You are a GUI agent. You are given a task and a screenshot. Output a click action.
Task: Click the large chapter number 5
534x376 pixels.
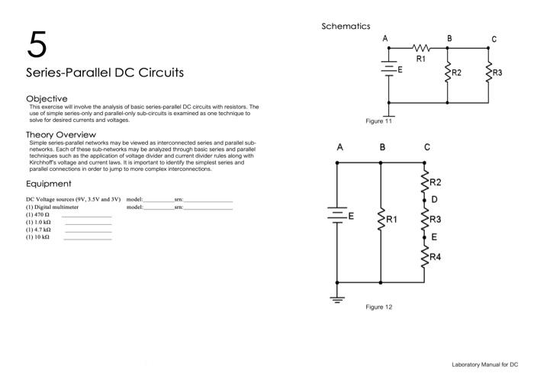[x=37, y=46]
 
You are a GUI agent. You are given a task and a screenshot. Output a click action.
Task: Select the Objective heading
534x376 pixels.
[x=47, y=98]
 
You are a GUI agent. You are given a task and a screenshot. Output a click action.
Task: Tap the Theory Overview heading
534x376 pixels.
[x=60, y=134]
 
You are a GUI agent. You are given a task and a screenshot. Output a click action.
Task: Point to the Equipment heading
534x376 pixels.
[x=49, y=183]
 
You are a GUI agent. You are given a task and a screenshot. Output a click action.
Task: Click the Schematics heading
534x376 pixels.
[x=346, y=27]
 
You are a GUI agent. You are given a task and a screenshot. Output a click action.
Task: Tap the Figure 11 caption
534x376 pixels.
[x=379, y=121]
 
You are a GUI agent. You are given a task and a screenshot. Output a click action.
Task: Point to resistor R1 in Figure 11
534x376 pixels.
[x=420, y=48]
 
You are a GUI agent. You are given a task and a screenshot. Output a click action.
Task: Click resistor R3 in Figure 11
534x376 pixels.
[x=488, y=74]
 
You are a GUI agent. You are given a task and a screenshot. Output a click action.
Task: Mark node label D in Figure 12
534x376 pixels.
[x=434, y=200]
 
